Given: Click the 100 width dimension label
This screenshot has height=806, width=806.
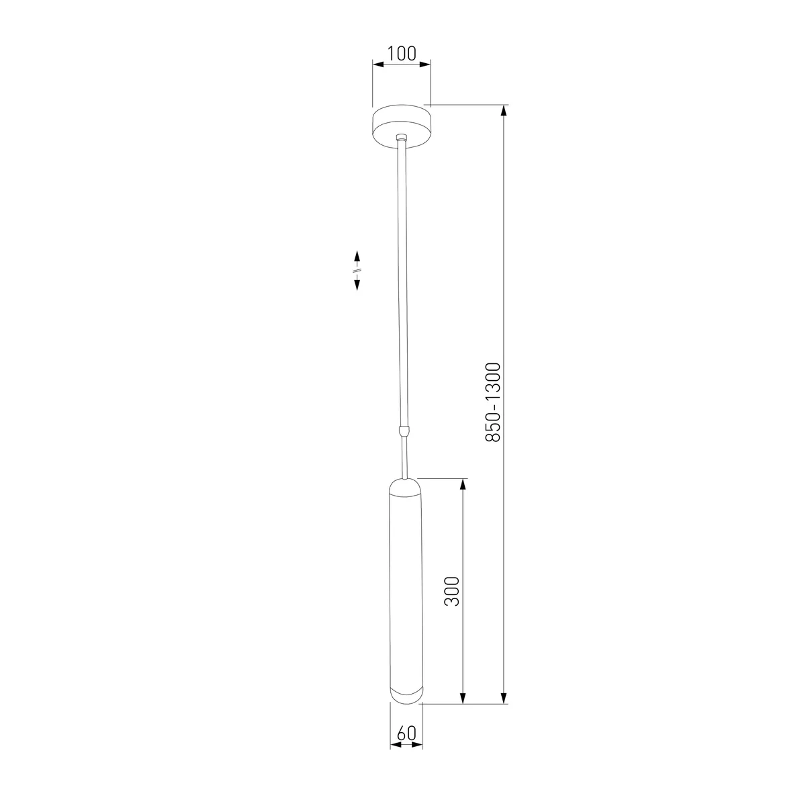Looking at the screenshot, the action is tap(402, 54).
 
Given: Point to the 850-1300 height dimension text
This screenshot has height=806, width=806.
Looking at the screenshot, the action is tap(493, 402).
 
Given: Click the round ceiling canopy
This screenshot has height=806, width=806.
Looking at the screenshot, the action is tap(402, 126).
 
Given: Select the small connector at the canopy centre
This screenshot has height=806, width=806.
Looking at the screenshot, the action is tap(402, 137).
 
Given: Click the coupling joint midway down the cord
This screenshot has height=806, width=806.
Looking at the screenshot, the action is tap(404, 431).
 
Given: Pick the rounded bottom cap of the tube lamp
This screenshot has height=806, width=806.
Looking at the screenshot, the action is tap(406, 696).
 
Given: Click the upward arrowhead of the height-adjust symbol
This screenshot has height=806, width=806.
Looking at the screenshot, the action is tap(357, 255).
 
